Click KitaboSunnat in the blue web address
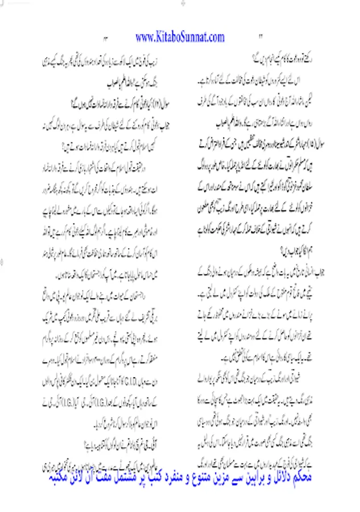click(180, 38)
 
